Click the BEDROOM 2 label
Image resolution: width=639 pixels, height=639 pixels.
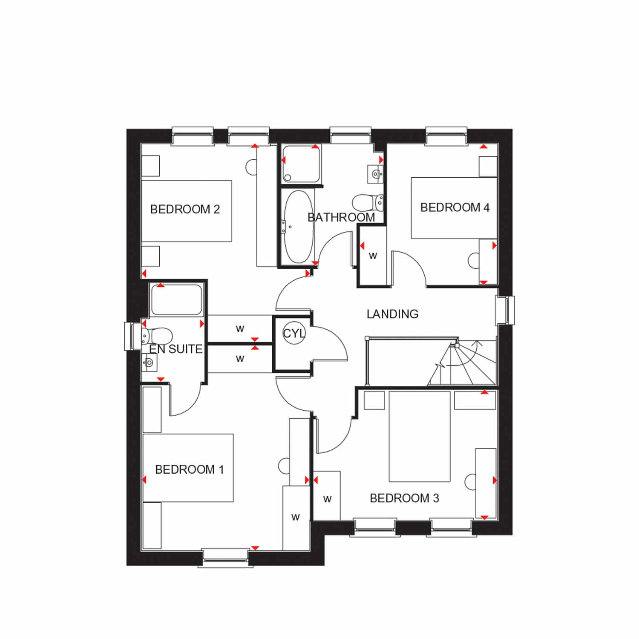click(185, 209)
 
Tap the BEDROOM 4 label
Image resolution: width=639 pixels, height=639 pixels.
click(455, 207)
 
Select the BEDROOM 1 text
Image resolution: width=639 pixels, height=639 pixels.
click(189, 469)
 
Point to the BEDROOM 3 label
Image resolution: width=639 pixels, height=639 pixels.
click(404, 498)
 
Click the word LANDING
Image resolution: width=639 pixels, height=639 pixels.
click(392, 314)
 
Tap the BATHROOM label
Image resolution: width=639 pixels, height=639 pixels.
click(341, 217)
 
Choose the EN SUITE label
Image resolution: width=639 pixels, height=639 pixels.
click(176, 349)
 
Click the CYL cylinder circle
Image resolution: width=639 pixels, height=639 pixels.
click(294, 333)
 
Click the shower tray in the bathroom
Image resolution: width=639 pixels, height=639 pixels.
click(300, 164)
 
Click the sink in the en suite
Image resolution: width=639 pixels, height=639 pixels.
click(149, 363)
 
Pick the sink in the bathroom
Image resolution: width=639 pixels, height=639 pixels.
click(375, 174)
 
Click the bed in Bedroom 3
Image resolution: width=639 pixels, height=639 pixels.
click(420, 436)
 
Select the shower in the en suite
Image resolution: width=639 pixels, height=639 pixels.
click(176, 299)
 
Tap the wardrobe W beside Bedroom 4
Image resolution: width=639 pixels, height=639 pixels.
click(373, 256)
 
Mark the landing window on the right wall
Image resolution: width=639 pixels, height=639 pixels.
click(506, 310)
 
